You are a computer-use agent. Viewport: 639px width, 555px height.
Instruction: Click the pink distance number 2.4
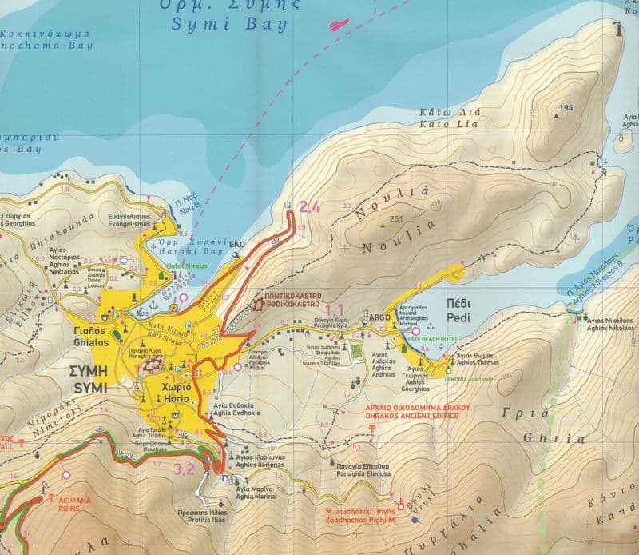[310, 207]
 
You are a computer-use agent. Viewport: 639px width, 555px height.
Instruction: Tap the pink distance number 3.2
[185, 469]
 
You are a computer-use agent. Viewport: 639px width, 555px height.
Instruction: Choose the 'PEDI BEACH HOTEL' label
[431, 340]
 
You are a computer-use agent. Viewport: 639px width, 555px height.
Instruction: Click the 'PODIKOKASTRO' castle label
[287, 305]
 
